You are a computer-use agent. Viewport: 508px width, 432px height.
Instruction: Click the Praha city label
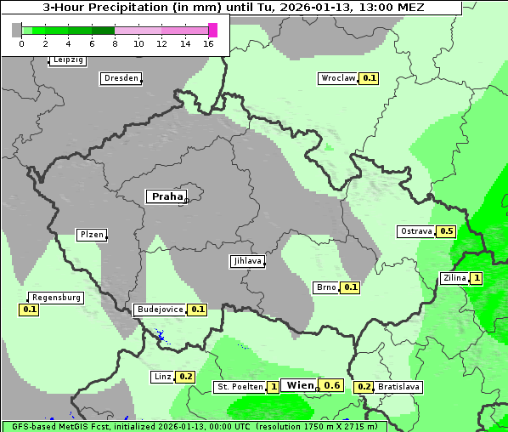(167, 196)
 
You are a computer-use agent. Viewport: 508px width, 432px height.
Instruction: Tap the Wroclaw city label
(337, 78)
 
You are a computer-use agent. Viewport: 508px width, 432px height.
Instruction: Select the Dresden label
(120, 78)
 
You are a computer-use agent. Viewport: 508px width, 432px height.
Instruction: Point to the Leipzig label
(68, 60)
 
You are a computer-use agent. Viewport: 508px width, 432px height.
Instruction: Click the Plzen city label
(91, 235)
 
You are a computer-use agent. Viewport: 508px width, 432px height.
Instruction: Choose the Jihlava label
(246, 262)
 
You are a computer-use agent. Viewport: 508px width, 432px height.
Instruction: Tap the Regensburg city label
(56, 298)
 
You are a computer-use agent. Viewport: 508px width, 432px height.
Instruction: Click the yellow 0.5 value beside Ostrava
(446, 231)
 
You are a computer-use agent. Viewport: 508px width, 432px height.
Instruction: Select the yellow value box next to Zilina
(477, 278)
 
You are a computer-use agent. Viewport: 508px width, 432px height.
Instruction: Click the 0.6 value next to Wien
(332, 385)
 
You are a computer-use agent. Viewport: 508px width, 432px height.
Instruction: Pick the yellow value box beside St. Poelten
(274, 387)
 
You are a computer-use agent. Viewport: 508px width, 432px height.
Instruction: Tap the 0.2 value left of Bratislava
(364, 387)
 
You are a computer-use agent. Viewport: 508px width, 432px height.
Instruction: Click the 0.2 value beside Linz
(186, 377)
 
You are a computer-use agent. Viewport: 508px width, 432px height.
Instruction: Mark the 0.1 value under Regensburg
(30, 310)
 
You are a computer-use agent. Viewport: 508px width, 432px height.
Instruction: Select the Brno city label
(326, 287)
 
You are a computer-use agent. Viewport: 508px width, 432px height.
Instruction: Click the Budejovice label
(159, 310)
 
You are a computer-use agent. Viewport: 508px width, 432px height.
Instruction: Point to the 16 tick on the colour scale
(208, 43)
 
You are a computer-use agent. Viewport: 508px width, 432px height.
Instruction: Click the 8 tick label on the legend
(115, 43)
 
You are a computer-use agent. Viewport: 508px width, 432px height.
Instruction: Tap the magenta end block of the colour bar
(212, 30)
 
